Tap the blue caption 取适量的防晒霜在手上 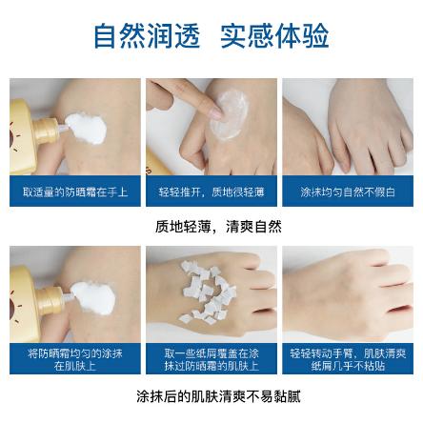[74, 191]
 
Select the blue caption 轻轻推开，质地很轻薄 [211, 191]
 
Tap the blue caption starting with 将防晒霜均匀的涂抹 [74, 357]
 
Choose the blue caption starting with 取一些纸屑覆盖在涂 [211, 357]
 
